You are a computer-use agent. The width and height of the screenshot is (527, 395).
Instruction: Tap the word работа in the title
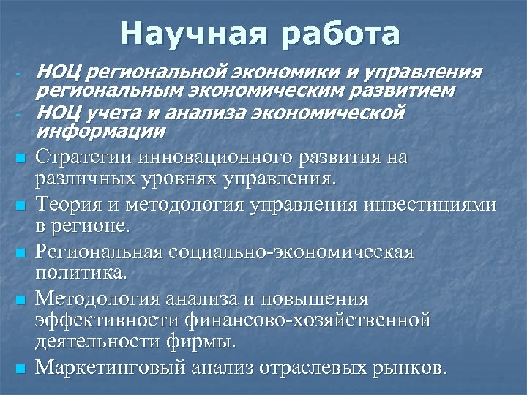pyautogui.click(x=339, y=34)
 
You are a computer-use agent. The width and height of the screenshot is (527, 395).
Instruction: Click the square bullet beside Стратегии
pyautogui.click(x=21, y=158)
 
